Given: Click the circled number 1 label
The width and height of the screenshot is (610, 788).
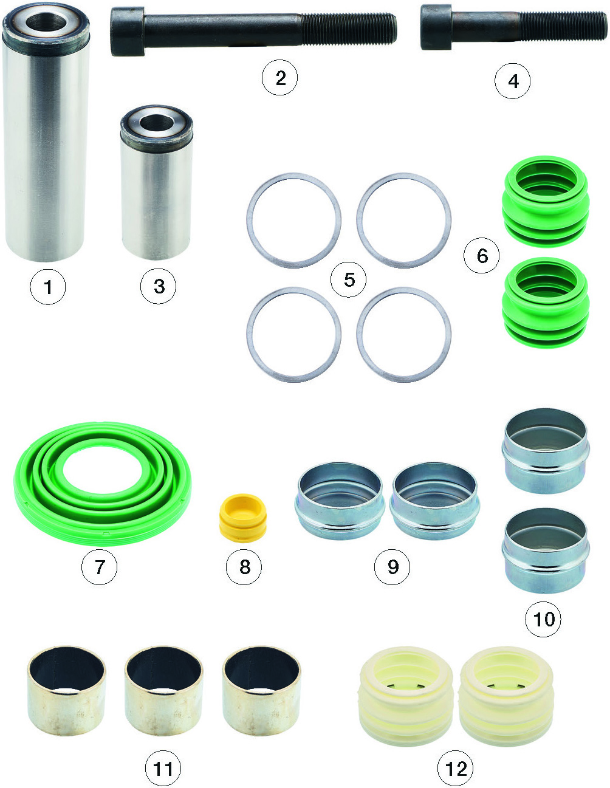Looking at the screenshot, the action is pyautogui.click(x=48, y=287).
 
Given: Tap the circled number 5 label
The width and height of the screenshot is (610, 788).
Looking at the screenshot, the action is pyautogui.click(x=349, y=279).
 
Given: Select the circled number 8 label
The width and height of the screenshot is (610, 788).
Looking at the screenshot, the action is pyautogui.click(x=244, y=567).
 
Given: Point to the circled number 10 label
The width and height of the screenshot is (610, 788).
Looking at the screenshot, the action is pyautogui.click(x=543, y=619).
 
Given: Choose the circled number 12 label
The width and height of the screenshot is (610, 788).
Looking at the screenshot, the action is pyautogui.click(x=455, y=769).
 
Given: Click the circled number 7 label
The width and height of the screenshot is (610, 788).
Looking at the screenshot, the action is pyautogui.click(x=100, y=567).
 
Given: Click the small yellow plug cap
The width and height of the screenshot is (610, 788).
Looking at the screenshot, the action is pyautogui.click(x=243, y=518).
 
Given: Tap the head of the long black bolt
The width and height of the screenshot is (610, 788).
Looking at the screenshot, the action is pyautogui.click(x=128, y=32).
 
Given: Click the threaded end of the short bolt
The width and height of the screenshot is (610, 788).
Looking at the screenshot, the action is pyautogui.click(x=563, y=26).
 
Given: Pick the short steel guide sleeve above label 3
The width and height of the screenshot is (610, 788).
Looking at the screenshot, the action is pyautogui.click(x=156, y=182).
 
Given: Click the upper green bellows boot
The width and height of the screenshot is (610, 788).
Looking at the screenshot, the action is pyautogui.click(x=546, y=202).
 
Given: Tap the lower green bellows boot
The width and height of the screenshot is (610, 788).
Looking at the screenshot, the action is pyautogui.click(x=546, y=303).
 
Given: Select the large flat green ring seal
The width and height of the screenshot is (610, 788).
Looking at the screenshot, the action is pyautogui.click(x=103, y=484).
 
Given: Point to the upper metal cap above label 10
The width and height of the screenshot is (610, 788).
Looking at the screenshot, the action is pyautogui.click(x=546, y=451).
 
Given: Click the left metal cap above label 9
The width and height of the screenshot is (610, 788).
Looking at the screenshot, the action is pyautogui.click(x=340, y=501).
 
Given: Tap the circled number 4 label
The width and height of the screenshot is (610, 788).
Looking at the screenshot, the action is pyautogui.click(x=512, y=81).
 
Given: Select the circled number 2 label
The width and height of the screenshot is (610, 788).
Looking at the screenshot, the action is pyautogui.click(x=279, y=78).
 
